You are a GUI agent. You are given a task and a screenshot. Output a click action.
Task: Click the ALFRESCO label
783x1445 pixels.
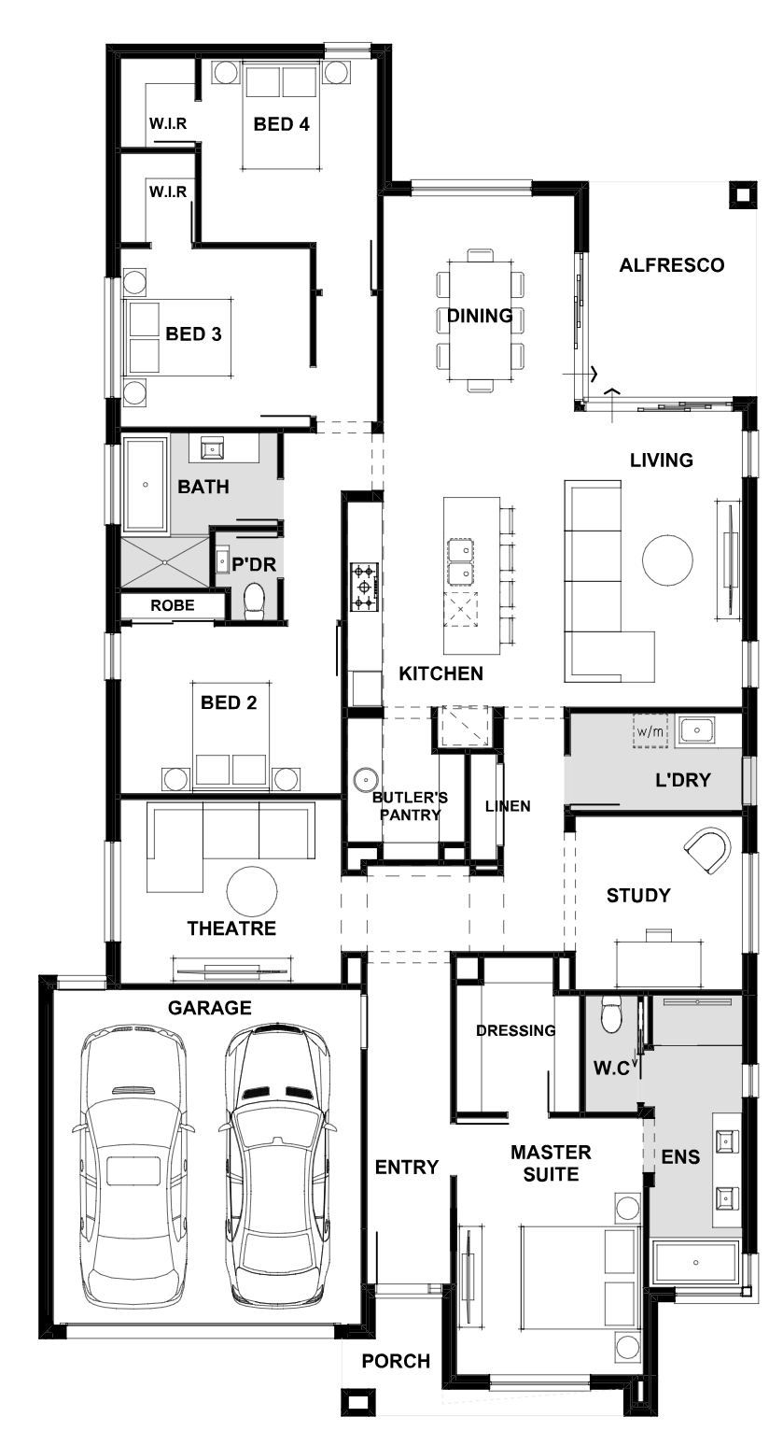click(672, 265)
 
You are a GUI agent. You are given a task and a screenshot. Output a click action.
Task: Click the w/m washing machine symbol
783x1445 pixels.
click(650, 730)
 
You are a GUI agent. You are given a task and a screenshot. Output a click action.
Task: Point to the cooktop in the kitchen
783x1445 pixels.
click(363, 587)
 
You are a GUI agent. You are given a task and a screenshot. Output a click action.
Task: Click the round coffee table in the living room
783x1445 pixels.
click(667, 560)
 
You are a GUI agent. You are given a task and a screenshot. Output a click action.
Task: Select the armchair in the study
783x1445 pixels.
click(707, 851)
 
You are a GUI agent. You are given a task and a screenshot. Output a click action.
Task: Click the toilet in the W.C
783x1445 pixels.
click(611, 1014)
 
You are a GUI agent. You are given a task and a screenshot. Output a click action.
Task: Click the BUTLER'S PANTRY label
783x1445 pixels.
click(410, 806)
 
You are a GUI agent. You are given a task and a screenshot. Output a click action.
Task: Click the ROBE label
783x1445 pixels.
click(172, 605)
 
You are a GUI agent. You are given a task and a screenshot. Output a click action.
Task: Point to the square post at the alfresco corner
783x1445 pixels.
click(742, 194)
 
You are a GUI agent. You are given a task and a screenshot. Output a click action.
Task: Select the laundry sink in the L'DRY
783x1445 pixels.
click(696, 730)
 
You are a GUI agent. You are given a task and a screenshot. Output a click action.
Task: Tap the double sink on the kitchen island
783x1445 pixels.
click(461, 560)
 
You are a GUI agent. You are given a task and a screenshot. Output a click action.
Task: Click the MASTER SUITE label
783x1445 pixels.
click(551, 1163)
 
